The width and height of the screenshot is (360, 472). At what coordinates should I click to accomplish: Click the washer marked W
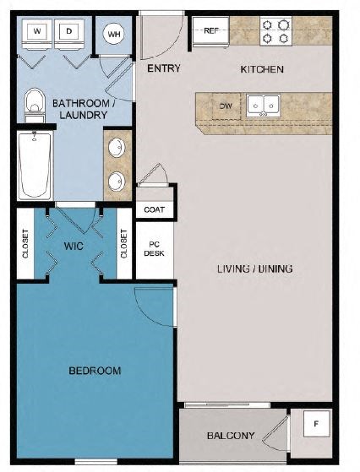coord(38,32)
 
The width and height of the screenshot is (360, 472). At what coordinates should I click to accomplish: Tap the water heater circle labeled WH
coord(113,34)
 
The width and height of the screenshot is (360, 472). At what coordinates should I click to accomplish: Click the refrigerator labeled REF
coord(211,31)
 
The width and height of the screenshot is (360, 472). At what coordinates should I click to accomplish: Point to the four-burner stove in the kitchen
coord(275,31)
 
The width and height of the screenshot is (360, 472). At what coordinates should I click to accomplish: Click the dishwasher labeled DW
coord(225,106)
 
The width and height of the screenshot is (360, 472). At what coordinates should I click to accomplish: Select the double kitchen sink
coord(263,106)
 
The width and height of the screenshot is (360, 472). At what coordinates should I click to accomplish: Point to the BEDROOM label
coord(94,370)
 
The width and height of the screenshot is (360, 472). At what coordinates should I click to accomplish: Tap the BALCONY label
coord(231,436)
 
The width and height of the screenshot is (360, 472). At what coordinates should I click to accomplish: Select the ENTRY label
coord(164,68)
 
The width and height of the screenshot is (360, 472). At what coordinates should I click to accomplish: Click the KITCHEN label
coord(262,68)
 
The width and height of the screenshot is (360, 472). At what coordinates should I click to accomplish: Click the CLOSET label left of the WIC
coord(25,244)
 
